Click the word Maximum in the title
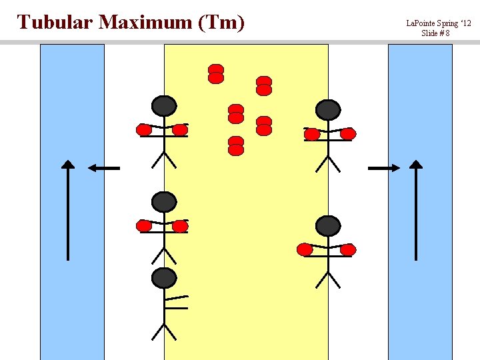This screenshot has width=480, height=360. pos(145,22)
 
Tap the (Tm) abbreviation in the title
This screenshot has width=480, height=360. pos(221,23)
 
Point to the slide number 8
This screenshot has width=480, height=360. pos(447,33)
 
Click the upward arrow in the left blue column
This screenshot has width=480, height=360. pos(68,210)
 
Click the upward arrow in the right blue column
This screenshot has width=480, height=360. pos(416,210)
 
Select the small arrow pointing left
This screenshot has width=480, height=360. pos(104,168)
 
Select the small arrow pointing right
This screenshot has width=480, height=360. pos(384,168)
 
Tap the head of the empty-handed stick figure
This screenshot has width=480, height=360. pos(164,278)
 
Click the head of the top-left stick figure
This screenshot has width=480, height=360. pos(164,106)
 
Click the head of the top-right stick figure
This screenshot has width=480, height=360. pos(328,110)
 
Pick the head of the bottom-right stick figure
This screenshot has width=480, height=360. pos(328,226)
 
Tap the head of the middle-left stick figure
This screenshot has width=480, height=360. pos(164,202)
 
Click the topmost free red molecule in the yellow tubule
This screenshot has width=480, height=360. pos(216,74)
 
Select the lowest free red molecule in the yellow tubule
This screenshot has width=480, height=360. pos(236,146)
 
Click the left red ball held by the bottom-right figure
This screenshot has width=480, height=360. pos(305,250)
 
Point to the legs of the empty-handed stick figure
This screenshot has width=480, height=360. pos(164,332)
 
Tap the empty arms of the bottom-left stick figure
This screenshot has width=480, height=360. pos(176,302)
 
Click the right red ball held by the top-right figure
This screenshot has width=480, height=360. pos(348,134)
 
